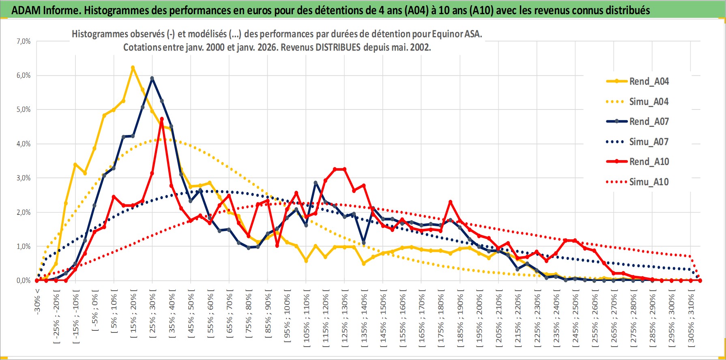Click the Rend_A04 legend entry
point(649,81)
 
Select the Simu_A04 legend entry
point(649,102)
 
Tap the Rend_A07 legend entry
point(649,122)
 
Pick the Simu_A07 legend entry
point(649,142)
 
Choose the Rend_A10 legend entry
point(649,162)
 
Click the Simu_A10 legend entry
point(649,182)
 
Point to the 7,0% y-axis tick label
point(24,41)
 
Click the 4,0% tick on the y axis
point(24,144)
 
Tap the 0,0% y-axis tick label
point(24,281)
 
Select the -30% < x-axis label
point(37,300)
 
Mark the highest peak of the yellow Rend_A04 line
point(133,68)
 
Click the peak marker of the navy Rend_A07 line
point(152,78)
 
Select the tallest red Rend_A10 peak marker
point(162,119)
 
